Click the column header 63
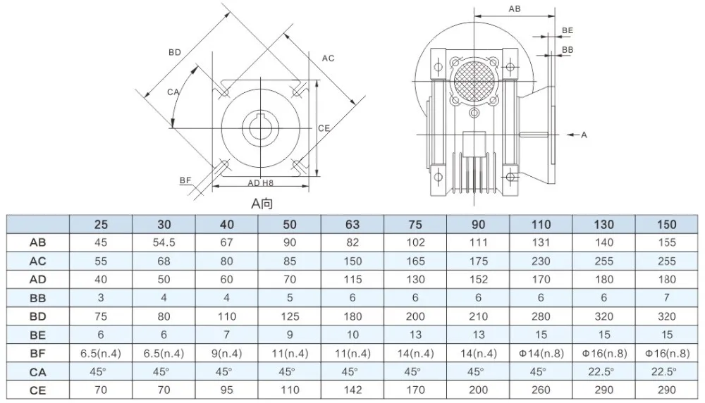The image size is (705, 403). [x=352, y=224]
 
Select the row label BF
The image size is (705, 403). [x=38, y=352]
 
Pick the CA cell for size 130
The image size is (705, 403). [x=603, y=371]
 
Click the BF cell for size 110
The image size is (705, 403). [x=541, y=352]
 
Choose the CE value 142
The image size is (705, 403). [x=352, y=389]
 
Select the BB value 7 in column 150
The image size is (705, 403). [x=666, y=297]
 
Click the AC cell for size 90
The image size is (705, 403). [x=478, y=261]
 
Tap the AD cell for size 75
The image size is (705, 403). [x=415, y=279]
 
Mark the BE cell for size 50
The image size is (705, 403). [x=290, y=334]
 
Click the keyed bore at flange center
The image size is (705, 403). [x=262, y=128]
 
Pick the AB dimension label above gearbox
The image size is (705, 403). [x=515, y=8]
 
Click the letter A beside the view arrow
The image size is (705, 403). [x=584, y=134]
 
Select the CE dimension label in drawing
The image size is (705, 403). [x=324, y=128]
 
